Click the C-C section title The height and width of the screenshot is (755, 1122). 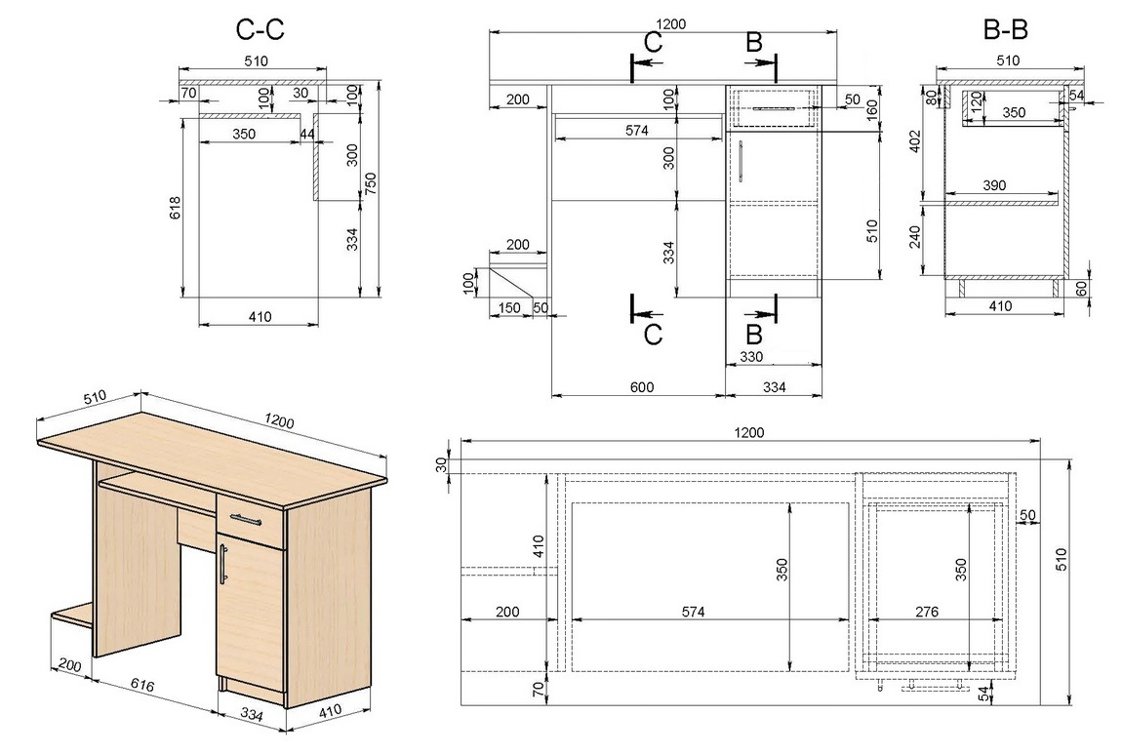260,29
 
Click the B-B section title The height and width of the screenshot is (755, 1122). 1005,29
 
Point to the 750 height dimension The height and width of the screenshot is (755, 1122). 370,186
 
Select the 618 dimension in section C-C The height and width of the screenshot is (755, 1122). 176,208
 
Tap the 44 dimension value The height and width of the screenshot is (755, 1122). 307,134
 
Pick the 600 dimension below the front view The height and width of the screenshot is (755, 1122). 642,386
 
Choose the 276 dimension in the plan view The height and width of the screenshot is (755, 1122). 927,612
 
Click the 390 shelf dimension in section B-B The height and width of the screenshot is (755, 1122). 994,185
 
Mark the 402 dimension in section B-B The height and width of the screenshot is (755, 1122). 914,141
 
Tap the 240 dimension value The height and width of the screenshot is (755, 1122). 914,237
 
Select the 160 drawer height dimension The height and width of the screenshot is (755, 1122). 871,109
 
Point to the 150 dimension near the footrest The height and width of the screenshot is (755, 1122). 508,307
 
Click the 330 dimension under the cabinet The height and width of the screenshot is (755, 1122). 750,356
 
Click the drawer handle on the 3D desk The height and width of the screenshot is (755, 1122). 247,519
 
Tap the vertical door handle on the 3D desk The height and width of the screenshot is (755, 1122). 223,563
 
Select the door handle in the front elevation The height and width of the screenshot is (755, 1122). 741,162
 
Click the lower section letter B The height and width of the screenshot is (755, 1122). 753,335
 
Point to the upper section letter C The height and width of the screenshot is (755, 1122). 653,42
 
